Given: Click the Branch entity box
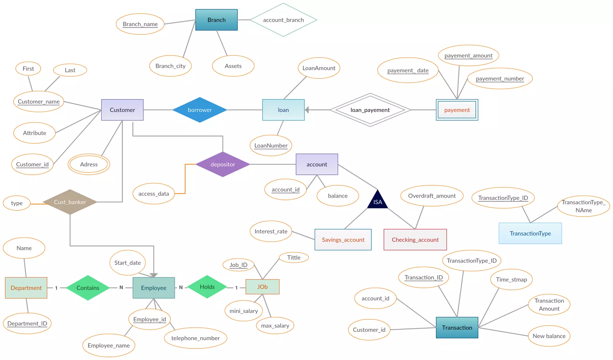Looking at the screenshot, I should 216,20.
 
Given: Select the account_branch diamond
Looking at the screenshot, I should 283,20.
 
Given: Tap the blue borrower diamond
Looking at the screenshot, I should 200,110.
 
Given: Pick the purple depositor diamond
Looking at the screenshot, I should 223,164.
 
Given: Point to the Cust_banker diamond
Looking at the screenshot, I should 70,202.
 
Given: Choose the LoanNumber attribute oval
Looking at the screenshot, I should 271,146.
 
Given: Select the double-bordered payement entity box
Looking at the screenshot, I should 457,110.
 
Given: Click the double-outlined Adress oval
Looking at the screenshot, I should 89,164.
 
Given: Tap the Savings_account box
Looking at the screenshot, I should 343,240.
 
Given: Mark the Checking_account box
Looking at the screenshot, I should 415,240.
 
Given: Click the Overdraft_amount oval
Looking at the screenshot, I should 432,196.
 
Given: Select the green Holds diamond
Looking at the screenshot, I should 207,287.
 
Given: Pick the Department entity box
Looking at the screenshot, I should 26,288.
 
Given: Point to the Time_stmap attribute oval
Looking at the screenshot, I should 511,279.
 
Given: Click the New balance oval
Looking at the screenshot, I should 549,336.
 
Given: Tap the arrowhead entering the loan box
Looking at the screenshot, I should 307,110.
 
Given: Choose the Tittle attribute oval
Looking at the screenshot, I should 294,258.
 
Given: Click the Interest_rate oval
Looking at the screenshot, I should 271,231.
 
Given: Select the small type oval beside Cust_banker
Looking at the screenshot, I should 17,203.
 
